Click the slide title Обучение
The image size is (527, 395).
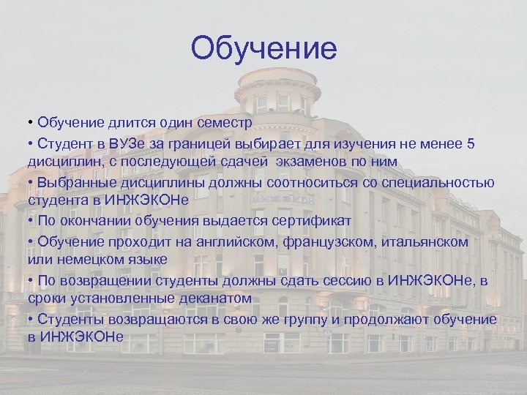click(x=263, y=49)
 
